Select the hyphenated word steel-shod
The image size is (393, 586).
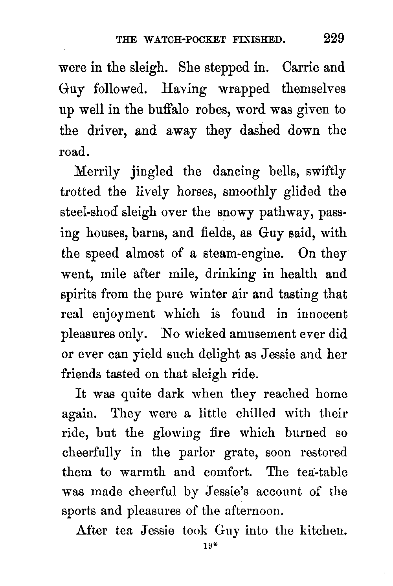pos(90,212)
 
